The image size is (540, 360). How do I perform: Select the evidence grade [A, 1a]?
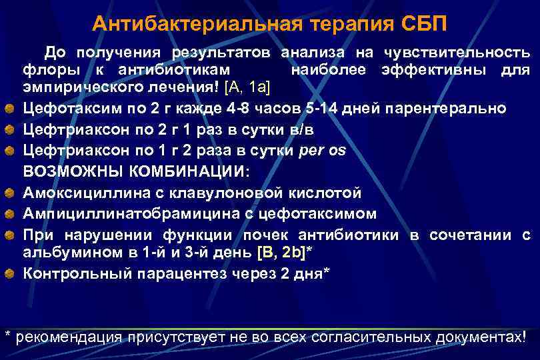pyautogui.click(x=247, y=87)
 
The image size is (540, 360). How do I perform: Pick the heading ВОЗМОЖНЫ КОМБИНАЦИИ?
pyautogui.click(x=135, y=171)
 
